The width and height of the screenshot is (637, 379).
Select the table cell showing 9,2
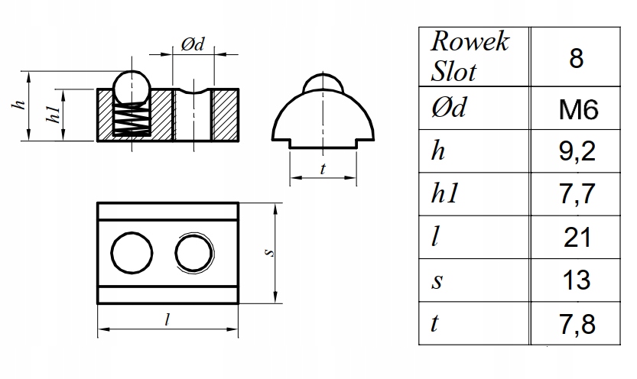pos(577,153)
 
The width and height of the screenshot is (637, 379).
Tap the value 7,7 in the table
pos(577,195)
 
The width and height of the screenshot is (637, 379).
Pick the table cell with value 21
pos(577,238)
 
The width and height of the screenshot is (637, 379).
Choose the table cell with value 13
pos(577,280)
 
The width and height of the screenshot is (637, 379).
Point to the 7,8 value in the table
pos(577,323)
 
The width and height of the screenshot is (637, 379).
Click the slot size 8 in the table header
pos(577,59)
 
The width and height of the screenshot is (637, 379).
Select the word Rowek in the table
pos(470,42)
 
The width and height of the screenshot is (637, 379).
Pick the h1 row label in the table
pos(448,195)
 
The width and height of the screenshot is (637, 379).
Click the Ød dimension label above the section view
pos(192,45)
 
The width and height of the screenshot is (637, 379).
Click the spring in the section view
pos(132,120)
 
